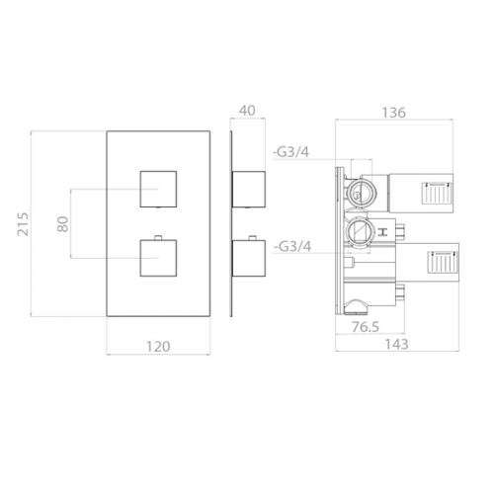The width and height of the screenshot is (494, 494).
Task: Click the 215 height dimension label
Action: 23,224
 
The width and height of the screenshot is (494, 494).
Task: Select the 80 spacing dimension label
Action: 62,224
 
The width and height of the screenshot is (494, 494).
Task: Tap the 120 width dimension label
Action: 158,347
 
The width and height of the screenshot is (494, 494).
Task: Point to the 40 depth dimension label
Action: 247,111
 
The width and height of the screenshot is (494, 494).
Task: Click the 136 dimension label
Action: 394,113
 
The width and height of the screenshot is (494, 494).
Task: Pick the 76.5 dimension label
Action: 366,327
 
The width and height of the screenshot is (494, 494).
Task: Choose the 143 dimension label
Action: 396,344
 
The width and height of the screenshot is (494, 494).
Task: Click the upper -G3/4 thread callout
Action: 291,152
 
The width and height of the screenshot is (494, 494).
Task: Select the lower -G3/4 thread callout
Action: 292,246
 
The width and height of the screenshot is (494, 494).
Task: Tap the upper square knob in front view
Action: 158,189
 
